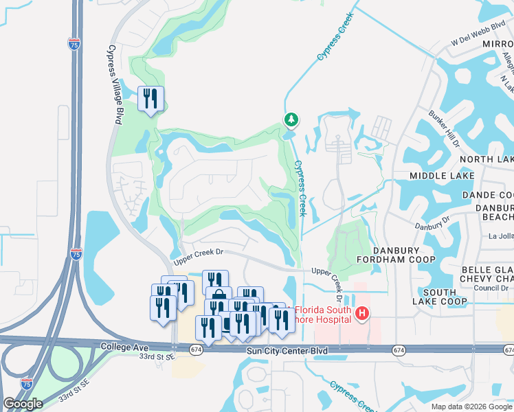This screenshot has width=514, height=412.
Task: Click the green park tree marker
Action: tap(291, 121)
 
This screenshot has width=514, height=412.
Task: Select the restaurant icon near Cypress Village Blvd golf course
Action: tap(150, 99)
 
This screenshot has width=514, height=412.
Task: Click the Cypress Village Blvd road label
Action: tap(115, 84)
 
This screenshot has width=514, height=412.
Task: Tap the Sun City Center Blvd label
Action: tap(287, 351)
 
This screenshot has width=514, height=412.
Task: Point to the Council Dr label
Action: tap(490, 288)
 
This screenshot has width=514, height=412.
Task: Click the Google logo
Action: tap(23, 404)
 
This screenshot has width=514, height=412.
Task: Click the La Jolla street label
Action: tap(500, 236)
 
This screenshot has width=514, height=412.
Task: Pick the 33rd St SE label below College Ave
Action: tap(157, 357)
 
